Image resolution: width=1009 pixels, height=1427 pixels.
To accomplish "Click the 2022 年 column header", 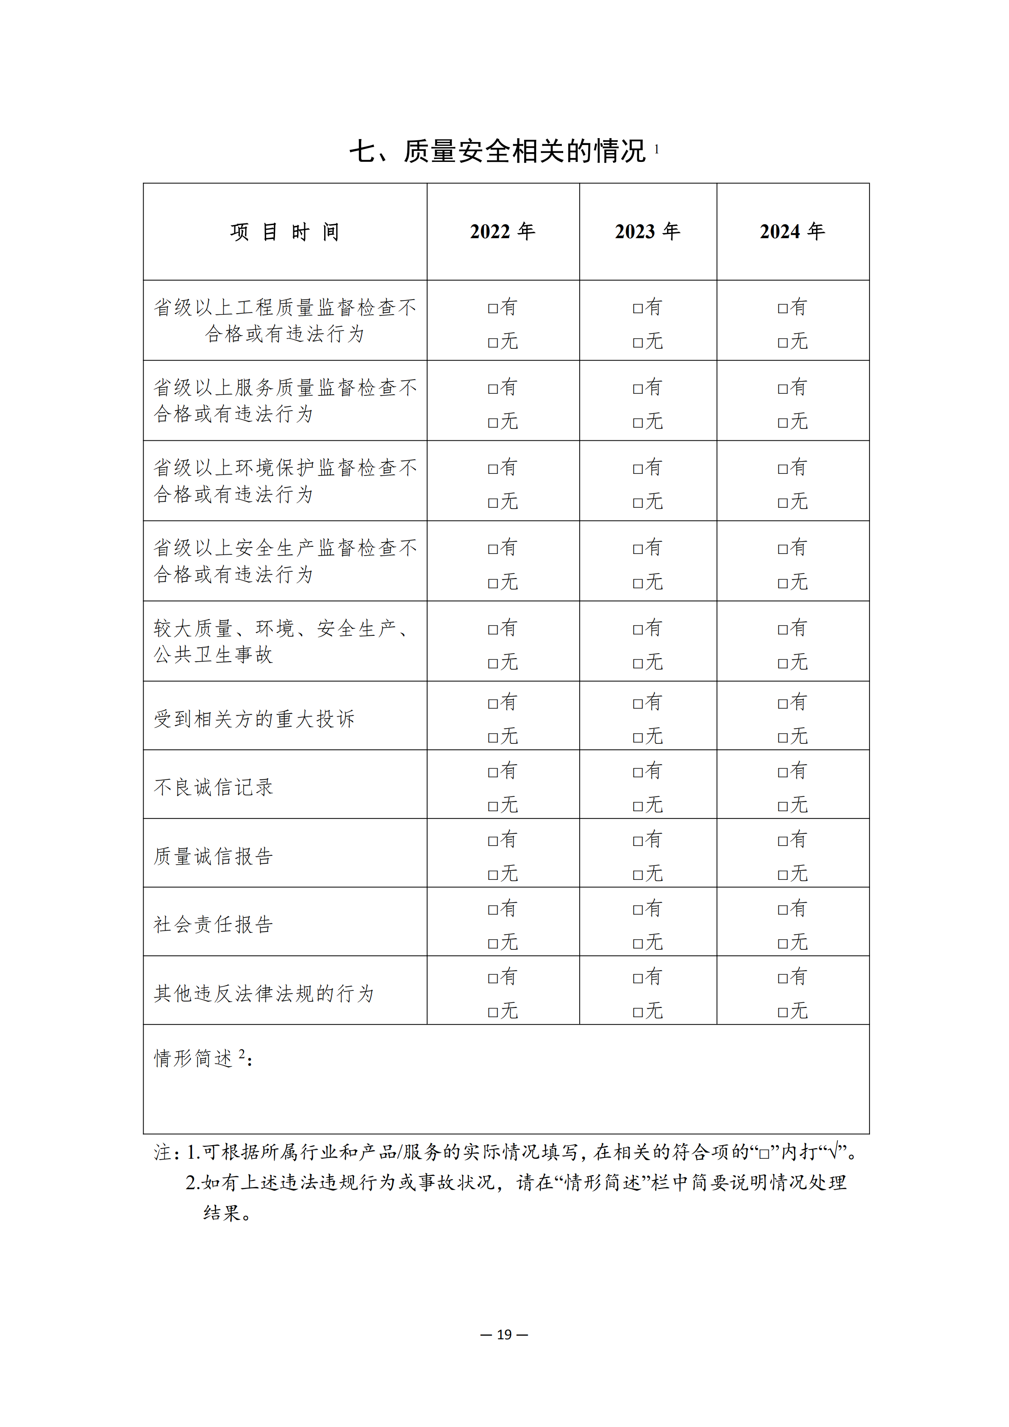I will (502, 232).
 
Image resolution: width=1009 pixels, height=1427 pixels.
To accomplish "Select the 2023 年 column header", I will (648, 232).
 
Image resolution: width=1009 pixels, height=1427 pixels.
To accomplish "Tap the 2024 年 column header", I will (792, 232).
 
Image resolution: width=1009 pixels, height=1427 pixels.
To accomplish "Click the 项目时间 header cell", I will (284, 232).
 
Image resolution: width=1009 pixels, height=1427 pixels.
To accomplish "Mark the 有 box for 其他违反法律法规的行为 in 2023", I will (637, 978).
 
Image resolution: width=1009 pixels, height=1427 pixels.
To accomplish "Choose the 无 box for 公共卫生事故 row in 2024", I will (783, 664).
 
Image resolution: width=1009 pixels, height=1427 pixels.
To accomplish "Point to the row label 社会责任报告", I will (213, 924).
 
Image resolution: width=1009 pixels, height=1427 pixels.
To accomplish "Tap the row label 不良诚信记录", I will (213, 787).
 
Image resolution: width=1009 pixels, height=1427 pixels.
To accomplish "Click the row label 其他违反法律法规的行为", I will (264, 993).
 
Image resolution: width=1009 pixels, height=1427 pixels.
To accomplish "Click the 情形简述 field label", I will (194, 1058).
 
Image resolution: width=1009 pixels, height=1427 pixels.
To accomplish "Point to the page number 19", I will (504, 1334).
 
